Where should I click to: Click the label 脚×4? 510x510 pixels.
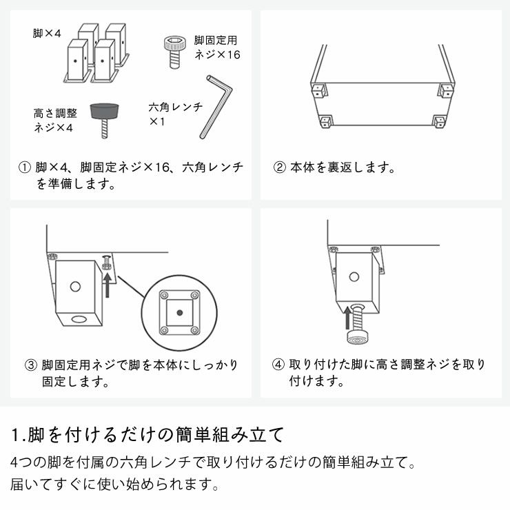point(48,32)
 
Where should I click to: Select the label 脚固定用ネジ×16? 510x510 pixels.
point(216,48)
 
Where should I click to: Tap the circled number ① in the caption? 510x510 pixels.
point(25,167)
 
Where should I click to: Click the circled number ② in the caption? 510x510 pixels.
point(279,167)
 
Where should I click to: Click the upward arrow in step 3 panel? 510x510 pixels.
point(108,283)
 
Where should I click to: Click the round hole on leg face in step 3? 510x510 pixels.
point(75,285)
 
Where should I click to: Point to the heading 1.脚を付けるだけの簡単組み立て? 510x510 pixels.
point(147,435)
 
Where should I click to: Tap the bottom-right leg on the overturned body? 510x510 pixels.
point(438,122)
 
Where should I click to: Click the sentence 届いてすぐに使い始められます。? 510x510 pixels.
point(115,484)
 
